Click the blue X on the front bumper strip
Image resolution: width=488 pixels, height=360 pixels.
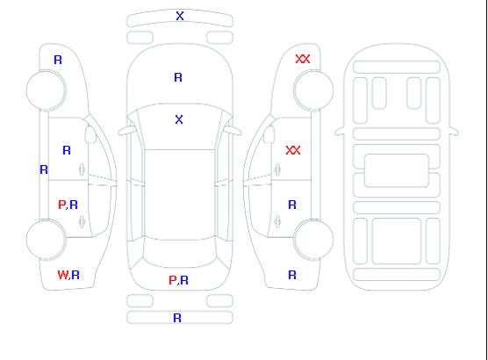point(180,16)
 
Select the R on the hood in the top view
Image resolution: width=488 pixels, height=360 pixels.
point(178,77)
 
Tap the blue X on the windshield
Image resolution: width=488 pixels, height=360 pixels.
point(179,119)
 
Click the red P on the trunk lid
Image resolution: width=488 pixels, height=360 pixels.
point(172,280)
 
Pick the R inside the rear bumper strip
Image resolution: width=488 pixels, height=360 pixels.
point(177,318)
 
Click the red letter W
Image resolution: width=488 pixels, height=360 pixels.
point(62,275)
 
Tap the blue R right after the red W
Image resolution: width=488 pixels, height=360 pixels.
point(75,275)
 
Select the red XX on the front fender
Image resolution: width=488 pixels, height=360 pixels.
point(303,59)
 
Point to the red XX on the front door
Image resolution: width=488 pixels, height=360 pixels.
point(293,150)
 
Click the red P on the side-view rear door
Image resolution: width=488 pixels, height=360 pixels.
point(62,205)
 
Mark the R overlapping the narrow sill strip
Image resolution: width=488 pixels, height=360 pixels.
point(44,169)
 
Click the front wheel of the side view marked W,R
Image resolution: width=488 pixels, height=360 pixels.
point(46,90)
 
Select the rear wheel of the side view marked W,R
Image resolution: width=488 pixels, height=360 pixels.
point(46,240)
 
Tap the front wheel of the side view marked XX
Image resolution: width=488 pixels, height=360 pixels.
point(313,90)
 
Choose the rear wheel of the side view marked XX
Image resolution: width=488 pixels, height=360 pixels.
point(313,240)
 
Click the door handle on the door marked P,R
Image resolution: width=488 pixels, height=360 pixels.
point(82,221)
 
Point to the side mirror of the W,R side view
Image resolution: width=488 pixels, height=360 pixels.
point(90,134)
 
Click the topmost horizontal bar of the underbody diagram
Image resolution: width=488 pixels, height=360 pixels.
point(397,67)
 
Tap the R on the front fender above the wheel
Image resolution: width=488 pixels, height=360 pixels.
point(58,60)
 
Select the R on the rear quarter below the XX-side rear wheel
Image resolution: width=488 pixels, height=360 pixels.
point(292,275)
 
